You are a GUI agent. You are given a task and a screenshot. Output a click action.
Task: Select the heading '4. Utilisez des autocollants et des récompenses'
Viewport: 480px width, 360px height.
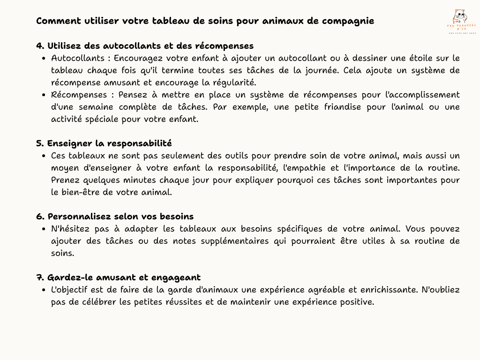tap(145, 46)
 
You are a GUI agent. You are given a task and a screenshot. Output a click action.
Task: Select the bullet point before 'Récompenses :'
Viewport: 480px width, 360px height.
tap(43, 95)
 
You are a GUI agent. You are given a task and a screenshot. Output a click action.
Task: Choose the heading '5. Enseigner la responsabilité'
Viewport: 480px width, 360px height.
tap(104, 143)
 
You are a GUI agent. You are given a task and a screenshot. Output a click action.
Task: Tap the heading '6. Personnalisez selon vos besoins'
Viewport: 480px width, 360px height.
tap(115, 217)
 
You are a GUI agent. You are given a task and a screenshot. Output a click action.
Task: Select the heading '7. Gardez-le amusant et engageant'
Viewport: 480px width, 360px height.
tap(118, 277)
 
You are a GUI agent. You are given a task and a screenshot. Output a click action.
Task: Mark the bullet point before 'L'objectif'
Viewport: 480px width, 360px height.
tap(43, 290)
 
